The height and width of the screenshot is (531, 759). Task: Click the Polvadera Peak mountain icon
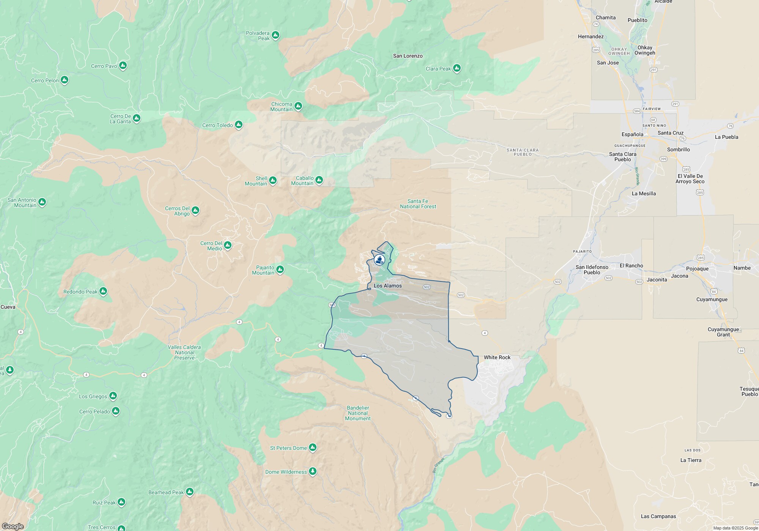coord(276,35)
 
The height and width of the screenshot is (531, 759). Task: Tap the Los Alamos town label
coord(387,286)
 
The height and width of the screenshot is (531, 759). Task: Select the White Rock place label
coord(497,357)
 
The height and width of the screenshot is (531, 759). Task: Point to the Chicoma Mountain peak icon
coord(298,106)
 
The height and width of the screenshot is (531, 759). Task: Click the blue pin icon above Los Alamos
coord(379,260)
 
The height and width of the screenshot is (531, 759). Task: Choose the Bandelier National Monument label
coord(357,413)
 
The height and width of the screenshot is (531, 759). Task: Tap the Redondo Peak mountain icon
coord(103,292)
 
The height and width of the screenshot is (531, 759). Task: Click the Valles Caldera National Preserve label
coord(184,352)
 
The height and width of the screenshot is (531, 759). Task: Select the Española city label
coord(632,134)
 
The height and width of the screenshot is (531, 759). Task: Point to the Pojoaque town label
coord(697,269)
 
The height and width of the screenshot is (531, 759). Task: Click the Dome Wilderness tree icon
coord(313,471)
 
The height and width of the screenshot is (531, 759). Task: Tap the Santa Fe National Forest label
coord(418,204)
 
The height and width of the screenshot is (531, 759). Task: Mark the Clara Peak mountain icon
coord(457,68)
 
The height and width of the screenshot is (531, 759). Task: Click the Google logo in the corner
coord(13,526)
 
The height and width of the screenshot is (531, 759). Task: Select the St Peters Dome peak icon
coord(313,448)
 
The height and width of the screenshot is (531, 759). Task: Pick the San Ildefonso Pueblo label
coord(592,270)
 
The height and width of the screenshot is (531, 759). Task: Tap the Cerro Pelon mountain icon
coord(65,80)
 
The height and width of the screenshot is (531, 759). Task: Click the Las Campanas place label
coord(658,516)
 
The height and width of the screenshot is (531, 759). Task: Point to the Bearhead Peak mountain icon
coord(190,492)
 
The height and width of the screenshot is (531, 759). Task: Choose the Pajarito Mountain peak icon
coord(280,270)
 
